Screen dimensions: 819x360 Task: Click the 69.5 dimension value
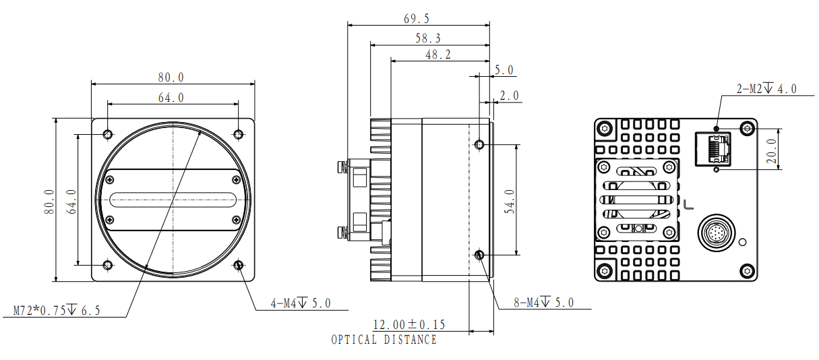(417, 19)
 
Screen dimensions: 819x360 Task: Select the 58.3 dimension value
(428, 38)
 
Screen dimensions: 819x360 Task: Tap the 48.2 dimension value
(438, 55)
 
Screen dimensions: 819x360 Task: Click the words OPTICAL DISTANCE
(384, 340)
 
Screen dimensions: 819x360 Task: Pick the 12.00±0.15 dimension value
(409, 324)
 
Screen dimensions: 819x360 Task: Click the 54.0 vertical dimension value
(510, 202)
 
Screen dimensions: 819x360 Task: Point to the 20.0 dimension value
(771, 151)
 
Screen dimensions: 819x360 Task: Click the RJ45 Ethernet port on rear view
(713, 149)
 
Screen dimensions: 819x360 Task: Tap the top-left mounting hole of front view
(108, 134)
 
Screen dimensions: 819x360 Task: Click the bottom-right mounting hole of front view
(239, 265)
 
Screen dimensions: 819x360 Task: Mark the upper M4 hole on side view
(479, 144)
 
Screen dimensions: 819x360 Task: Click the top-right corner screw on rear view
(747, 128)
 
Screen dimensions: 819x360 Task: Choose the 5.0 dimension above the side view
(504, 70)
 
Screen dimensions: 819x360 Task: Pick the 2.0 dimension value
(510, 96)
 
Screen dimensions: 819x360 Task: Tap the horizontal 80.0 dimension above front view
(171, 78)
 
